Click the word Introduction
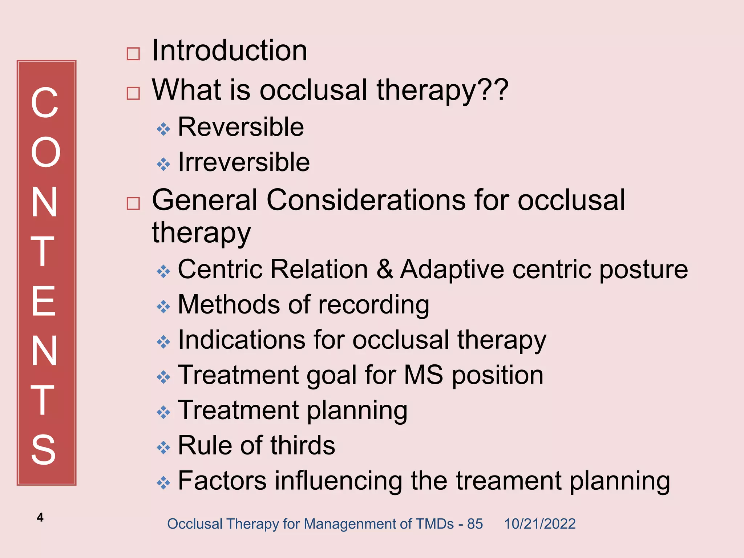click(230, 50)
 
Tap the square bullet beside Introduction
click(133, 54)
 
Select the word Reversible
click(241, 127)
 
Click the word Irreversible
click(244, 162)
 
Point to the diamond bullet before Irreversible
click(163, 164)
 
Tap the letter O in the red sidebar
click(45, 153)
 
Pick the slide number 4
click(40, 517)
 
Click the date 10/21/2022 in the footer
click(539, 524)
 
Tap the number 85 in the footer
click(475, 524)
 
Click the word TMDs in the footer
click(434, 524)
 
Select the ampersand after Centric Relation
click(384, 270)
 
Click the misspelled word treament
click(509, 481)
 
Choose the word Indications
click(242, 340)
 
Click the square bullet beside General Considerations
click(133, 203)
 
